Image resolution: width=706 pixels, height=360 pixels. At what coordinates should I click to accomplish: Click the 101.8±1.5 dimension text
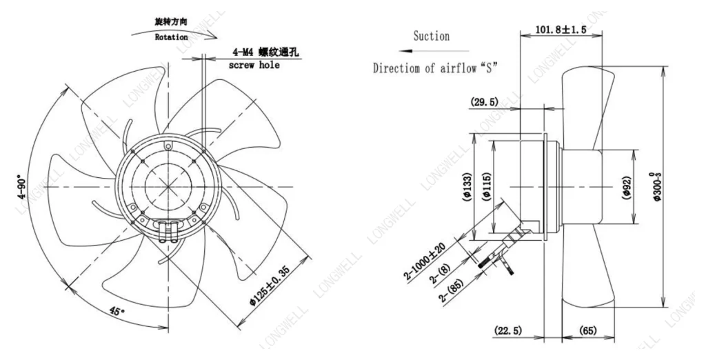click(561, 30)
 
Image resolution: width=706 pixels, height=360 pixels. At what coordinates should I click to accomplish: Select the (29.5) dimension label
click(484, 102)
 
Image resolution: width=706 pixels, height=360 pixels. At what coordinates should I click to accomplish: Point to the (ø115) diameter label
click(486, 187)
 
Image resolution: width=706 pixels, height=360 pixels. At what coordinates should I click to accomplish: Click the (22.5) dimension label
click(508, 331)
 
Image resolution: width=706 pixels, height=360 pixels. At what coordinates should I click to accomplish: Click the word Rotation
click(172, 37)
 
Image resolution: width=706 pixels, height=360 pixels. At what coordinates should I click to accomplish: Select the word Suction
click(432, 36)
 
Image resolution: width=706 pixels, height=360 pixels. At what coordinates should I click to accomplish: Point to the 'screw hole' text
click(254, 66)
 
